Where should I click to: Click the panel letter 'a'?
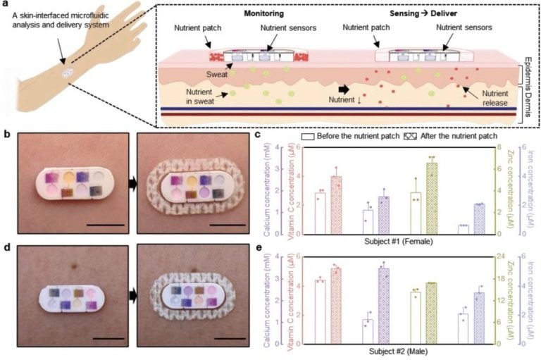tap(5, 5)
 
